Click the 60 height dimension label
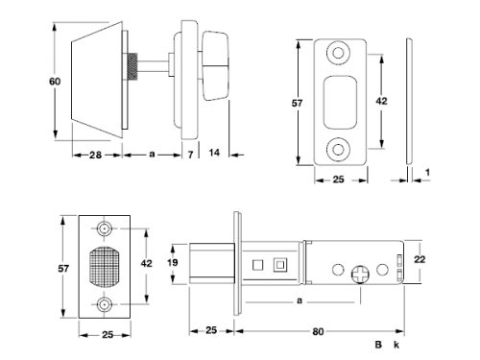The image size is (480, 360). point(55,82)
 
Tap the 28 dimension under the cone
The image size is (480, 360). point(95,156)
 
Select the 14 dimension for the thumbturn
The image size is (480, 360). point(214,153)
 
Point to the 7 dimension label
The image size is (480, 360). point(190,155)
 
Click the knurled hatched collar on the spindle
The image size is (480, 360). point(132,66)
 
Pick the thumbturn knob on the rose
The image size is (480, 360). point(215,66)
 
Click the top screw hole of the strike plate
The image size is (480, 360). point(338,53)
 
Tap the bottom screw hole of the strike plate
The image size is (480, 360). point(338,149)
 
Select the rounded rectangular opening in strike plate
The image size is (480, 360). point(340,103)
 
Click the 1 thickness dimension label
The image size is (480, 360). point(427,173)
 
